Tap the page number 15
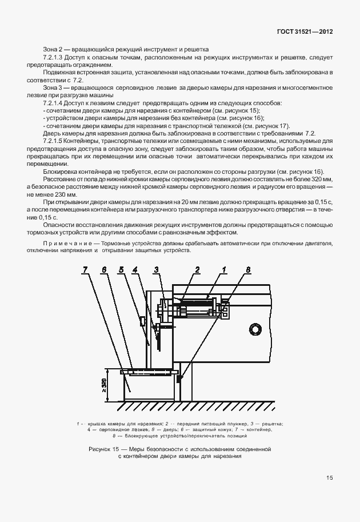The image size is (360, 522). pyautogui.click(x=330, y=477)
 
